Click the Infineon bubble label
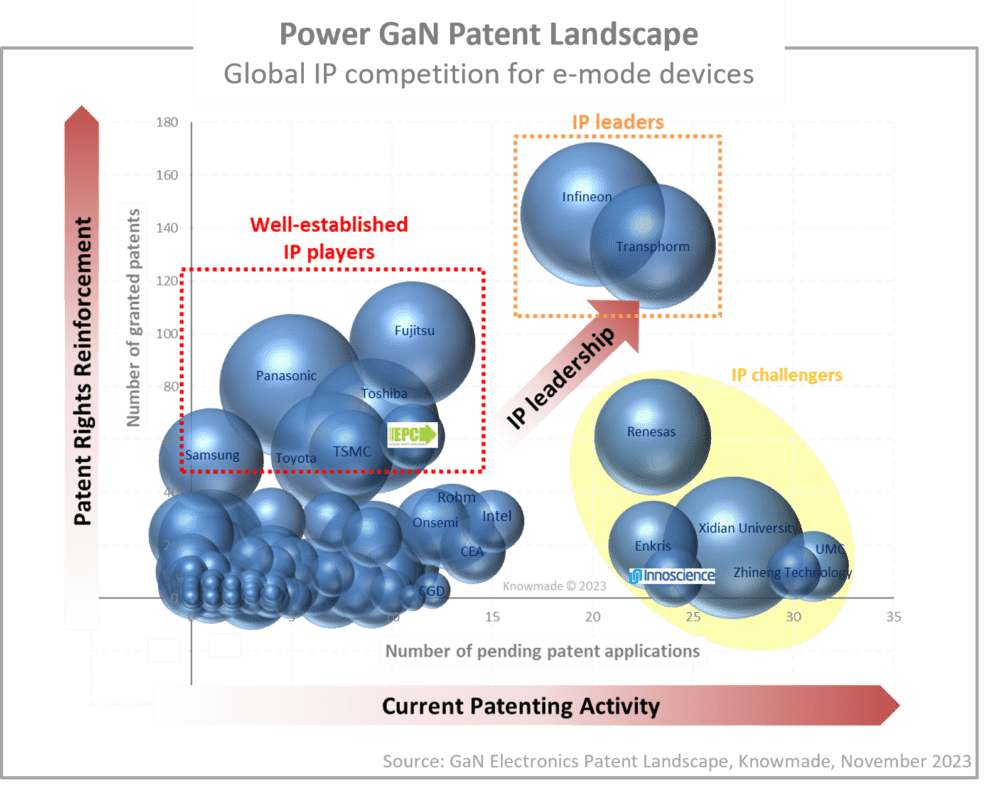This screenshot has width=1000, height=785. click(x=586, y=197)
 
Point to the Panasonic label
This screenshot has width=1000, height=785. click(x=286, y=376)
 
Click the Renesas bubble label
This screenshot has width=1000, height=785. click(x=651, y=432)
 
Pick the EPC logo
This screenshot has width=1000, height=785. click(x=413, y=435)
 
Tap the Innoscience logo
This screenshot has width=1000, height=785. click(x=673, y=575)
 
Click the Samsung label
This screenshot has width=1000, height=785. click(x=212, y=455)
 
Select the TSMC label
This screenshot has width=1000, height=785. click(x=352, y=451)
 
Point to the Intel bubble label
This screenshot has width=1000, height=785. click(x=497, y=516)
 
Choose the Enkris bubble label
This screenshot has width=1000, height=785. click(x=653, y=546)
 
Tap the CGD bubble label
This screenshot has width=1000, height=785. click(x=432, y=591)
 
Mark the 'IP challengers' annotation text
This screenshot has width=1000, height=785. click(x=787, y=376)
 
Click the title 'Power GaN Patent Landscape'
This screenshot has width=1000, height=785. click(x=488, y=35)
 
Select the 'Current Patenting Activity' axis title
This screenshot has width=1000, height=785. click(x=521, y=706)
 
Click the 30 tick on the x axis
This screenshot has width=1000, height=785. click(x=794, y=618)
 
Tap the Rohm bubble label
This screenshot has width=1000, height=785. click(x=457, y=497)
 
